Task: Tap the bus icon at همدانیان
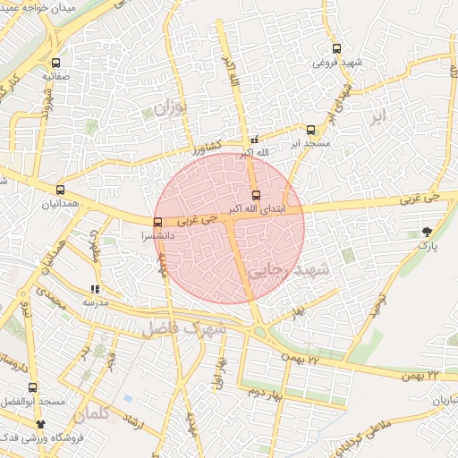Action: click(x=61, y=190)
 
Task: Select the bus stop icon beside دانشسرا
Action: click(x=158, y=222)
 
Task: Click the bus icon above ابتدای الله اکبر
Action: click(x=257, y=194)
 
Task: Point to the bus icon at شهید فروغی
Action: click(x=336, y=49)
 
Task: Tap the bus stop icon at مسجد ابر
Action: click(x=310, y=130)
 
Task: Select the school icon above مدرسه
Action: click(x=95, y=289)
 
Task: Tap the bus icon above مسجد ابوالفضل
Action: click(x=33, y=388)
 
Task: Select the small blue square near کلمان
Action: click(x=128, y=398)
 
